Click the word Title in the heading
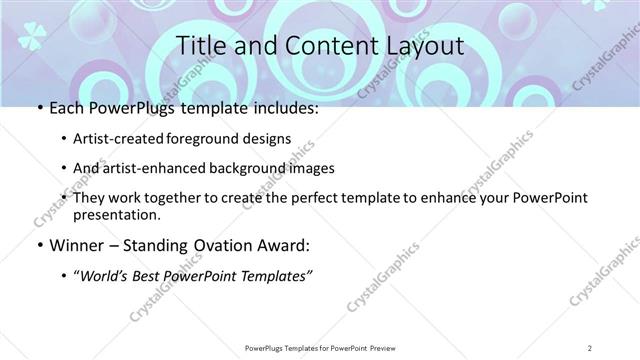click(x=198, y=47)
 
